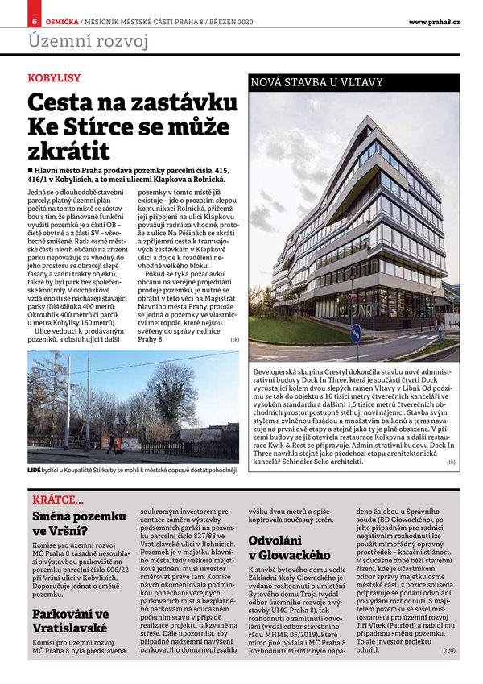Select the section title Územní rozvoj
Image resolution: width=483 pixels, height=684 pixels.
pos(89,40)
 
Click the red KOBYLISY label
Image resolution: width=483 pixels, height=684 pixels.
pos(54,78)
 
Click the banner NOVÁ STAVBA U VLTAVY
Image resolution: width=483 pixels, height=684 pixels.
pos(318,82)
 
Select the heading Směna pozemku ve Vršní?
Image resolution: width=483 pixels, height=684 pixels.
pos(79,523)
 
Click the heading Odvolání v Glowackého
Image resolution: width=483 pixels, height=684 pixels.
pos(290,548)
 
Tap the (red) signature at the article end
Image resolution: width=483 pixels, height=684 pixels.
pos(448,649)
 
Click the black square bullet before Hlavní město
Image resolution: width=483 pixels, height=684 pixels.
pos(31,171)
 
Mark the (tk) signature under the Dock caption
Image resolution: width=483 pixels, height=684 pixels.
pos(451,462)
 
